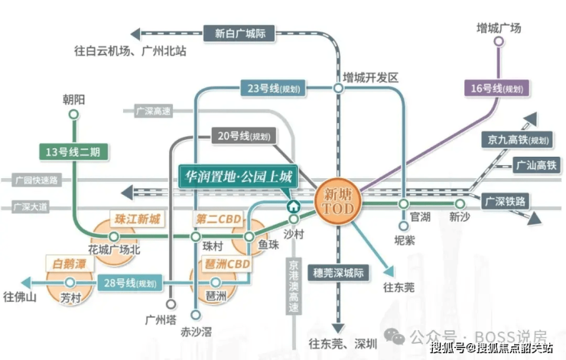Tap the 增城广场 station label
tap(498, 28)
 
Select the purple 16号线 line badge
tap(496, 89)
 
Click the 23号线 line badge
tap(272, 89)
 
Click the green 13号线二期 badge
tap(73, 151)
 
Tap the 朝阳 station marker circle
tap(73, 115)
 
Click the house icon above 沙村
tap(293, 206)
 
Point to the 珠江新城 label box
tap(138, 219)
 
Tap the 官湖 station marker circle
tap(403, 204)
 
